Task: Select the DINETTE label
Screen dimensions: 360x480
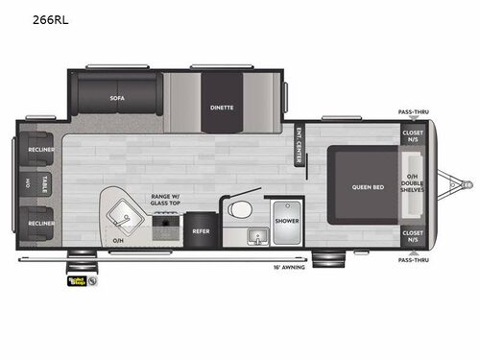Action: [x=222, y=108]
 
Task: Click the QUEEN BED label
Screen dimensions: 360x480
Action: [x=368, y=186]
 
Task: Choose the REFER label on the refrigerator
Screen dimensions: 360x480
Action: [x=201, y=230]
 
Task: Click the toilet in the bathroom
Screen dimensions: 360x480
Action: [x=241, y=209]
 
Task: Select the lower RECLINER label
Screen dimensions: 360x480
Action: [x=41, y=223]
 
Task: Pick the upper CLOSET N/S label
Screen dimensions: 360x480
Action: [x=413, y=136]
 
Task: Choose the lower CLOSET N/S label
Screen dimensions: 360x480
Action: [x=413, y=235]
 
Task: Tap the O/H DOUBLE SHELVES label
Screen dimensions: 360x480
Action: [x=413, y=186]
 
